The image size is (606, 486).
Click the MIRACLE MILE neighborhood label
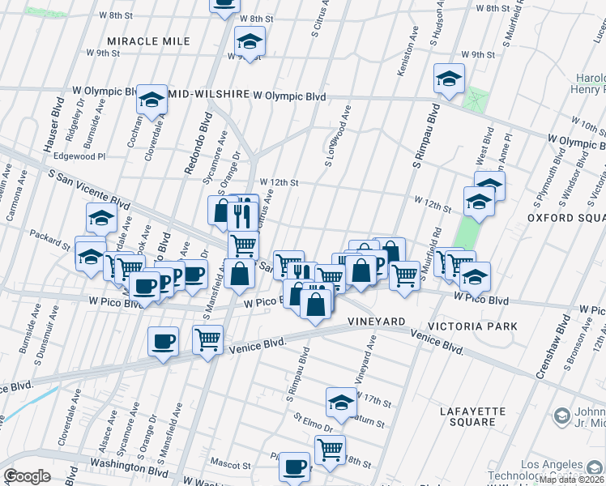click(149, 41)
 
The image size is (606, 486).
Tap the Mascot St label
click(231, 466)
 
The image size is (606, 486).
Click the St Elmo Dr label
click(313, 424)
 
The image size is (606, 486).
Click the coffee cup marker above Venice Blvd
click(164, 341)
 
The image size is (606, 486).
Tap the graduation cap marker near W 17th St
click(342, 401)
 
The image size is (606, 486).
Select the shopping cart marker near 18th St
click(330, 448)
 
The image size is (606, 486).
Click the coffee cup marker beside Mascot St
click(295, 467)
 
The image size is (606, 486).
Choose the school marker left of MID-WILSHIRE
click(151, 99)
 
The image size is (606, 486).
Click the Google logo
click(27, 476)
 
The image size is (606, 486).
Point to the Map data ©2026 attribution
click(571, 480)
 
